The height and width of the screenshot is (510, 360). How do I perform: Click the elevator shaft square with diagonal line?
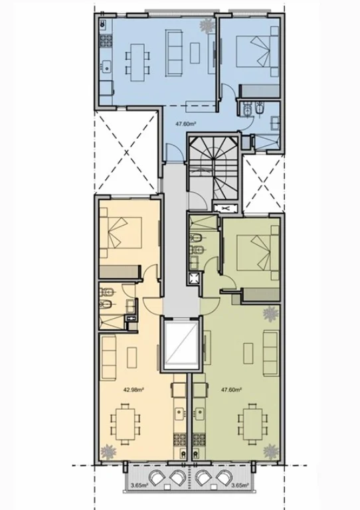coord(181,345)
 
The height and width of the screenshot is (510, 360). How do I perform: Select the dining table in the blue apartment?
coord(138,62)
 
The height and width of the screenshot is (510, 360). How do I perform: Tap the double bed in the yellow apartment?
coord(121,232)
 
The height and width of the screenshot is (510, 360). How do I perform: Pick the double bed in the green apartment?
coord(258,252)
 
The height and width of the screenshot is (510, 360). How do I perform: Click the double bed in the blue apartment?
coord(258,51)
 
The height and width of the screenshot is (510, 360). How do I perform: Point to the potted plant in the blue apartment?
coord(207,25)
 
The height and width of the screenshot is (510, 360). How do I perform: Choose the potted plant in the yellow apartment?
coord(108,452)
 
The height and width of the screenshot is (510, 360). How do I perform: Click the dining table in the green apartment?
coord(252,424)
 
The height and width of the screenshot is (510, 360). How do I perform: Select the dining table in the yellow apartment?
coord(126,424)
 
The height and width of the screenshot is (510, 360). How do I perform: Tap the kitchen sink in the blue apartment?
coord(106,66)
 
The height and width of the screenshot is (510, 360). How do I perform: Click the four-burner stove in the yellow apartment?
coord(179,440)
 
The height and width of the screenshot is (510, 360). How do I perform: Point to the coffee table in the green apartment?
coord(249,353)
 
